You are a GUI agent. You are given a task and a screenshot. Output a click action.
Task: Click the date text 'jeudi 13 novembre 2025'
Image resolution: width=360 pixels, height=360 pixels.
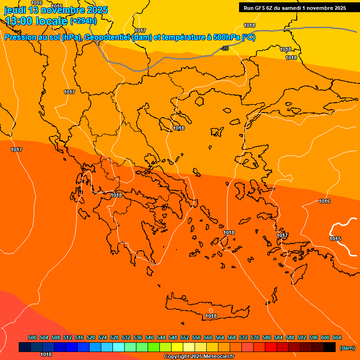point(56,10)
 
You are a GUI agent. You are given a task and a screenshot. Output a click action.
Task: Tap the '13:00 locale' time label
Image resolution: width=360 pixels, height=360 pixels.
point(36,21)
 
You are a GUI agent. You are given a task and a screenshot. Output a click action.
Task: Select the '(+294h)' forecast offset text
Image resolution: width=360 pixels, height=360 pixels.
point(83,21)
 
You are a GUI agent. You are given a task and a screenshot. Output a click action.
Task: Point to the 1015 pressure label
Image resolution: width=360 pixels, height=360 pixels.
point(335,239)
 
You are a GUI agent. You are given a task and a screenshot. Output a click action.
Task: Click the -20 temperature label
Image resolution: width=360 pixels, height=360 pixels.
point(225,48)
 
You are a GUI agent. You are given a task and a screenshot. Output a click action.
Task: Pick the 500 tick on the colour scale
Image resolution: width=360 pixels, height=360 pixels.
point(32,338)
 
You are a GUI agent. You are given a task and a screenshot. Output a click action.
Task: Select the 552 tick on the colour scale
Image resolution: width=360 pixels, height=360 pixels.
point(185,338)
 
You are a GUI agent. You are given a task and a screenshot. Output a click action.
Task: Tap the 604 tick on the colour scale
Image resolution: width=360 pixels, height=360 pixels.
point(337,338)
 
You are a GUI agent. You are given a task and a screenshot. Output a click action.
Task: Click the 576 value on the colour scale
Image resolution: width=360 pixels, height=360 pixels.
point(255,338)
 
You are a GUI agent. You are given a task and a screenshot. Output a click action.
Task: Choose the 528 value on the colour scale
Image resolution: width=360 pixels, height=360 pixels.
point(114,338)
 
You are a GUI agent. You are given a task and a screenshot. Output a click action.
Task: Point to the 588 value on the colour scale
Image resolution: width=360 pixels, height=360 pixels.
point(290,338)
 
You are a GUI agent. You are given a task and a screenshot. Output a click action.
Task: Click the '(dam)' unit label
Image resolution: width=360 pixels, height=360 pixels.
point(347,348)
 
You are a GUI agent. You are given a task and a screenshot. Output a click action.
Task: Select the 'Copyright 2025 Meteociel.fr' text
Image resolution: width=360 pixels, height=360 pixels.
point(199,357)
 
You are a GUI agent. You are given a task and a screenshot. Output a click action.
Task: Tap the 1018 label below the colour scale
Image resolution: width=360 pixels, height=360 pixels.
point(46,355)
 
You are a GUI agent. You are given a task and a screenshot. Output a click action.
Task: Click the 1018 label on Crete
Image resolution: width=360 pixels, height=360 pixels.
point(211,316)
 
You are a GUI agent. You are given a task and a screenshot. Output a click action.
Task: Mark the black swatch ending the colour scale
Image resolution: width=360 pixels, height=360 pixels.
point(330,347)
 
